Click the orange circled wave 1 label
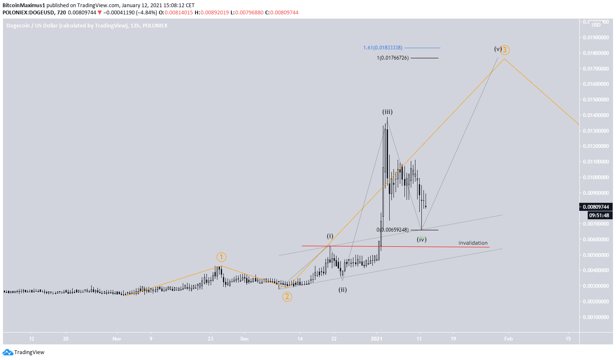[x=221, y=257]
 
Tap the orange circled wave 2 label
[x=287, y=297]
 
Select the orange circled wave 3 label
[x=505, y=50]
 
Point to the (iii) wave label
[x=388, y=112]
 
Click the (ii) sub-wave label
[x=342, y=290]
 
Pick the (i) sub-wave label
[x=330, y=236]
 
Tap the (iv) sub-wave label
[x=421, y=240]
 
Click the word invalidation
[x=473, y=243]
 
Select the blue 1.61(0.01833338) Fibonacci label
[x=383, y=48]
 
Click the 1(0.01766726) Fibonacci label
[x=393, y=58]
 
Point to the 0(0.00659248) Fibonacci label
[x=393, y=230]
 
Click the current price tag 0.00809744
[x=596, y=207]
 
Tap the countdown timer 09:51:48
[x=599, y=215]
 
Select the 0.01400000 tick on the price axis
[x=596, y=115]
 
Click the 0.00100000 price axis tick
[x=596, y=317]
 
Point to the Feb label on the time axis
[x=508, y=339]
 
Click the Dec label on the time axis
[x=244, y=339]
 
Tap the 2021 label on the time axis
[x=376, y=339]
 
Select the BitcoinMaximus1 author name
[x=24, y=5]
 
